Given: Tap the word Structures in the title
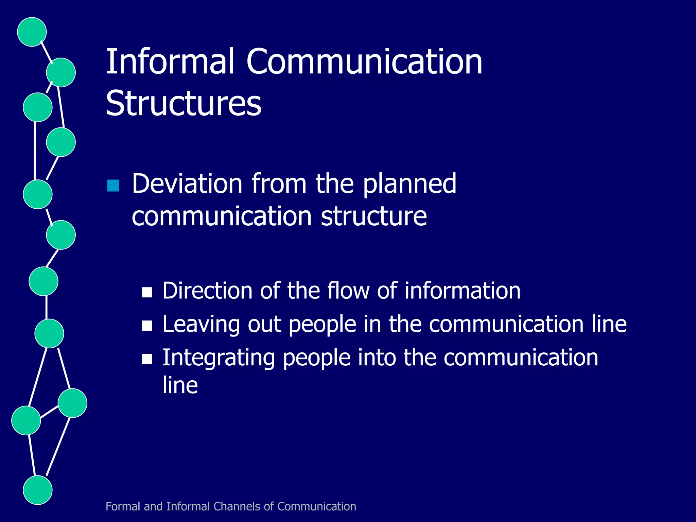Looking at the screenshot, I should pos(184,103).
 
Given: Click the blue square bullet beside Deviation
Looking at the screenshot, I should pos(113,186).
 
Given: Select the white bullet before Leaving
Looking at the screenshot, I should pos(147,326).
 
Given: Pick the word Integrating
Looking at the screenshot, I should pos(219,359).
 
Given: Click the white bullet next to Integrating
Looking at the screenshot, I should pos(147,359).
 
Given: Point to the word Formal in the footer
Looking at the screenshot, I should pos(123,506).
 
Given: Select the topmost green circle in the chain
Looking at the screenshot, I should pos(32,32).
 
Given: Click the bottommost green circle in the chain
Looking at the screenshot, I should pos(38,490).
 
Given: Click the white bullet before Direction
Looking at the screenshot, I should pos(147,292).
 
